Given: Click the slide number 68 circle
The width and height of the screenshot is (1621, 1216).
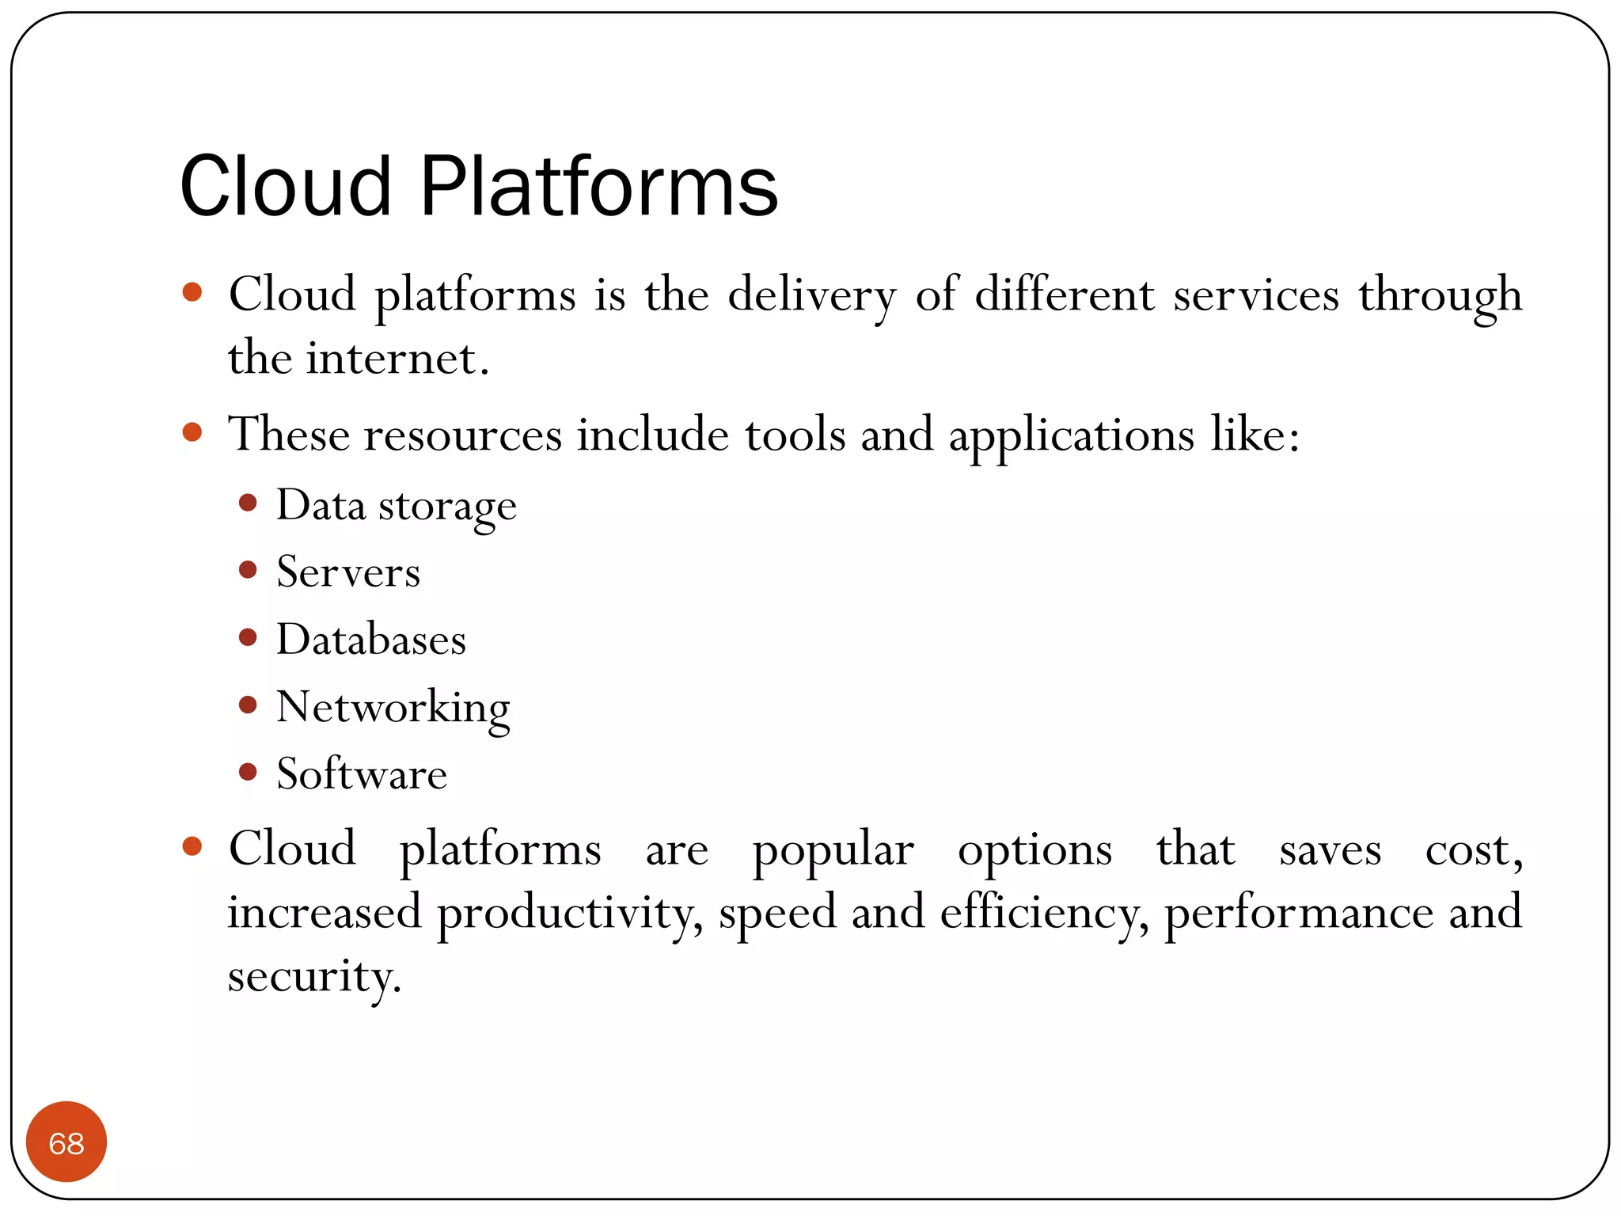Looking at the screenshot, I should pos(66,1142).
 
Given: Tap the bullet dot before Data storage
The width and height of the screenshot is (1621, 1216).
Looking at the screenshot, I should pos(248,503).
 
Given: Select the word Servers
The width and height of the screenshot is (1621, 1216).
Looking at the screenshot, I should pos(348,572).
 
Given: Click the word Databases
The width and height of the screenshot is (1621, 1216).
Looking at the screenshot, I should pos(370,640).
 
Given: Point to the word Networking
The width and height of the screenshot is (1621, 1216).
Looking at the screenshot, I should pos(393,707).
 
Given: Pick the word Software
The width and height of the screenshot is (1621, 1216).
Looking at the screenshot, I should pos(362,774).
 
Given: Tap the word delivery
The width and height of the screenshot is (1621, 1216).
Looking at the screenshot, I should pos(812,296).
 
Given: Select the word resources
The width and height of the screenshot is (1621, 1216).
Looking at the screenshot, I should pos(462,435).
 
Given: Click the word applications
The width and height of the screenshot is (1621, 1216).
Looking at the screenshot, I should pos(1071,435).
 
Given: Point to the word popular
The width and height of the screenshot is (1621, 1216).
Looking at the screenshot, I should pos(833,851).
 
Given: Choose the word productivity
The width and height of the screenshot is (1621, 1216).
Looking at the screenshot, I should pos(568,914).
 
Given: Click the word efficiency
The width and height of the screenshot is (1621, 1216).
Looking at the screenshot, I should pos(1043,914).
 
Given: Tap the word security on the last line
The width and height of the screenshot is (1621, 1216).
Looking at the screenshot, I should pos(313,977).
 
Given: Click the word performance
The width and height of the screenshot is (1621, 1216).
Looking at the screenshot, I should pos(1298,914).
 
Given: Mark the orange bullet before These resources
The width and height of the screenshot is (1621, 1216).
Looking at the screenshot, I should pos(192,432).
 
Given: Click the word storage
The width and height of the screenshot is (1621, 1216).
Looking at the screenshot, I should pos(447,507).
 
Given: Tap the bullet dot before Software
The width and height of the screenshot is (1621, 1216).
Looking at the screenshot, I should pos(248,771).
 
